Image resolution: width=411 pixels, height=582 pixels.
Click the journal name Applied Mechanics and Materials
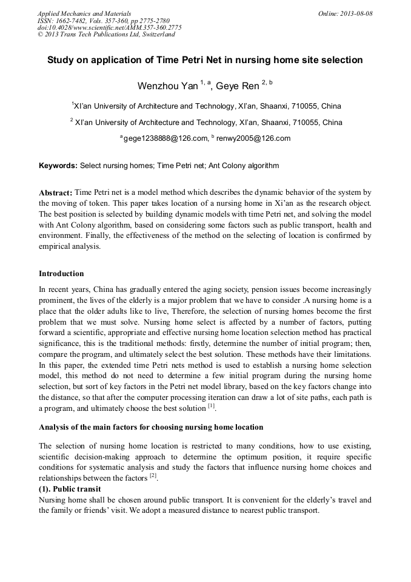pos(84,13)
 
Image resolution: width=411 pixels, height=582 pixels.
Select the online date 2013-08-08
pos(356,13)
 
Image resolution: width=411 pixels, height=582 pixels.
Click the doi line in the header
pos(109,27)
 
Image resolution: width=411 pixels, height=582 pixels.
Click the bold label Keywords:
pos(58,166)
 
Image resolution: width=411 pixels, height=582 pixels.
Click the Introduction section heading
pos(61,274)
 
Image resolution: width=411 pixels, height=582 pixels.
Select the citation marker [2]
pos(153,477)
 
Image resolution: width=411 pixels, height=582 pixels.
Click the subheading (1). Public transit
pos(70,489)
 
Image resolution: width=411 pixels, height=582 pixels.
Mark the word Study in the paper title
pos(61,60)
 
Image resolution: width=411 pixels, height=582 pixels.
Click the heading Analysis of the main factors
pos(150,427)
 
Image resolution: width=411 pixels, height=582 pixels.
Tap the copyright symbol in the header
pos(41,35)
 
